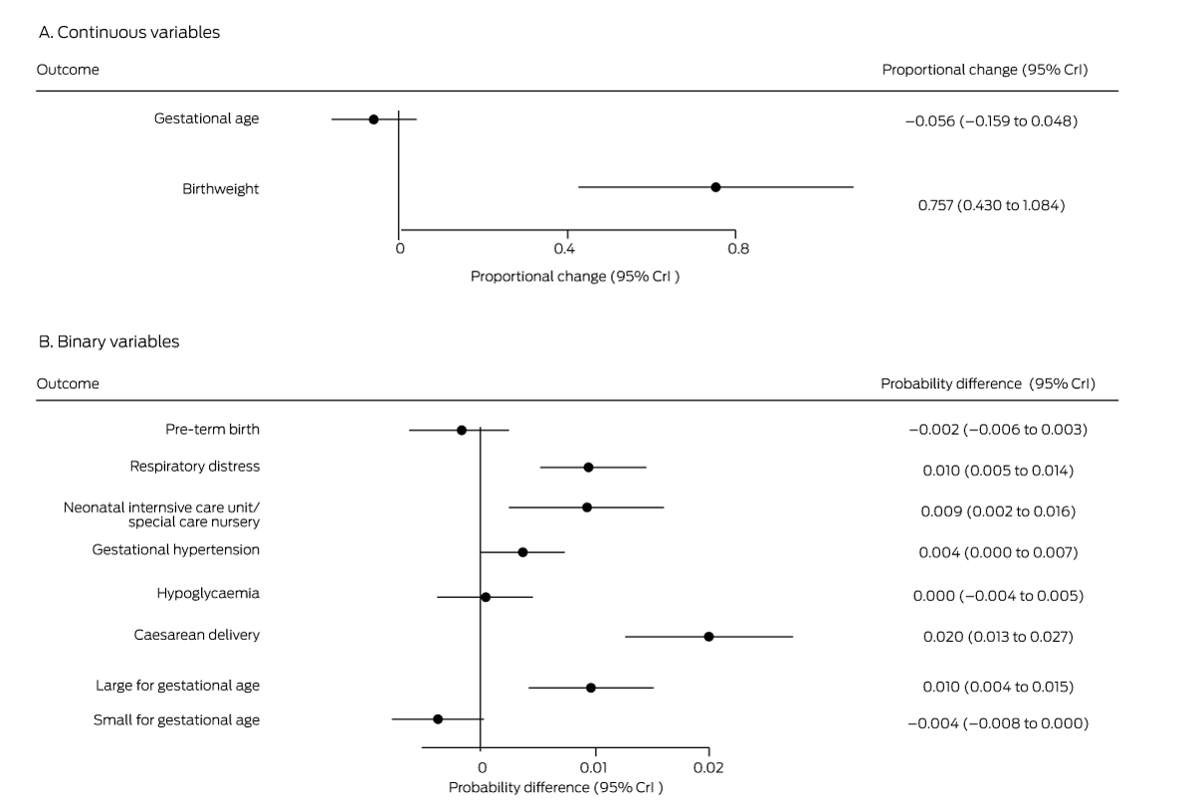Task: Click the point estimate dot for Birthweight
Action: (x=715, y=187)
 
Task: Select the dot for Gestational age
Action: (x=373, y=119)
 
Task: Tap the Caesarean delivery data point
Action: (x=708, y=636)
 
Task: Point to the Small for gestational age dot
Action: (x=438, y=718)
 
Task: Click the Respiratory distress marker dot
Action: (x=588, y=467)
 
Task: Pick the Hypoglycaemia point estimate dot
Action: (x=486, y=597)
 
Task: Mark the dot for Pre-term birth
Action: (x=461, y=430)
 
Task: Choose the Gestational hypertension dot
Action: (x=522, y=552)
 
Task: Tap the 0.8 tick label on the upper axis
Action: (x=737, y=249)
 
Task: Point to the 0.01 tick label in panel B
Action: (x=594, y=768)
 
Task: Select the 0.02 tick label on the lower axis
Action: (x=707, y=768)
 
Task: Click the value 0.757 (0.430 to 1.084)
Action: (x=991, y=206)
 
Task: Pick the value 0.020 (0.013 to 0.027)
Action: (x=998, y=636)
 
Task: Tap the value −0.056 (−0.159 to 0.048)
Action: (x=991, y=121)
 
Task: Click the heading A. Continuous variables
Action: (x=128, y=33)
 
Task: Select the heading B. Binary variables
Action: (x=108, y=341)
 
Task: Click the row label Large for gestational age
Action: (x=177, y=686)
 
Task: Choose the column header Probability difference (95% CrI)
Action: (x=988, y=384)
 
